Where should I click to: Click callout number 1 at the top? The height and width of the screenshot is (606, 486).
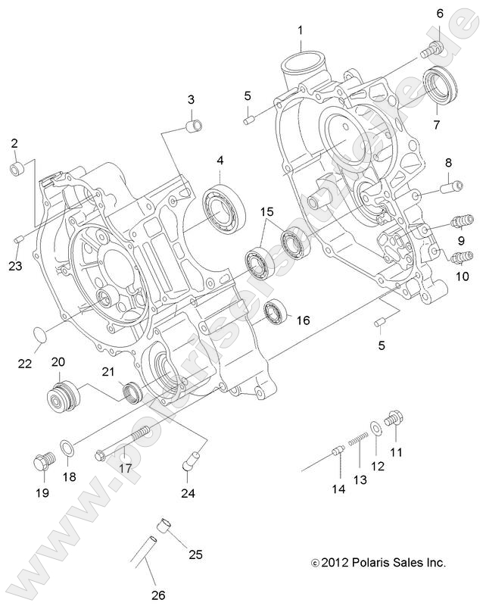301,30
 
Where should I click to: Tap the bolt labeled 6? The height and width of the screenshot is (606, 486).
431,50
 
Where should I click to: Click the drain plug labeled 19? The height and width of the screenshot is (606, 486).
42,461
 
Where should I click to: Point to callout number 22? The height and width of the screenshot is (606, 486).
25,364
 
